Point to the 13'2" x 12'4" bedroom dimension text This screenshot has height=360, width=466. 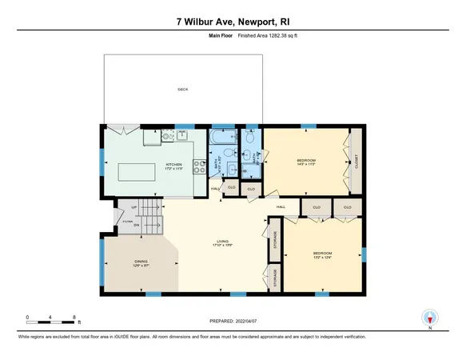(323, 258)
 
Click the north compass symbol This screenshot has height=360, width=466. (431, 317)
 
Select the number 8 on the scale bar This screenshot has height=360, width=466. (74, 317)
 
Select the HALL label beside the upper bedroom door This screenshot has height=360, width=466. (281, 207)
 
